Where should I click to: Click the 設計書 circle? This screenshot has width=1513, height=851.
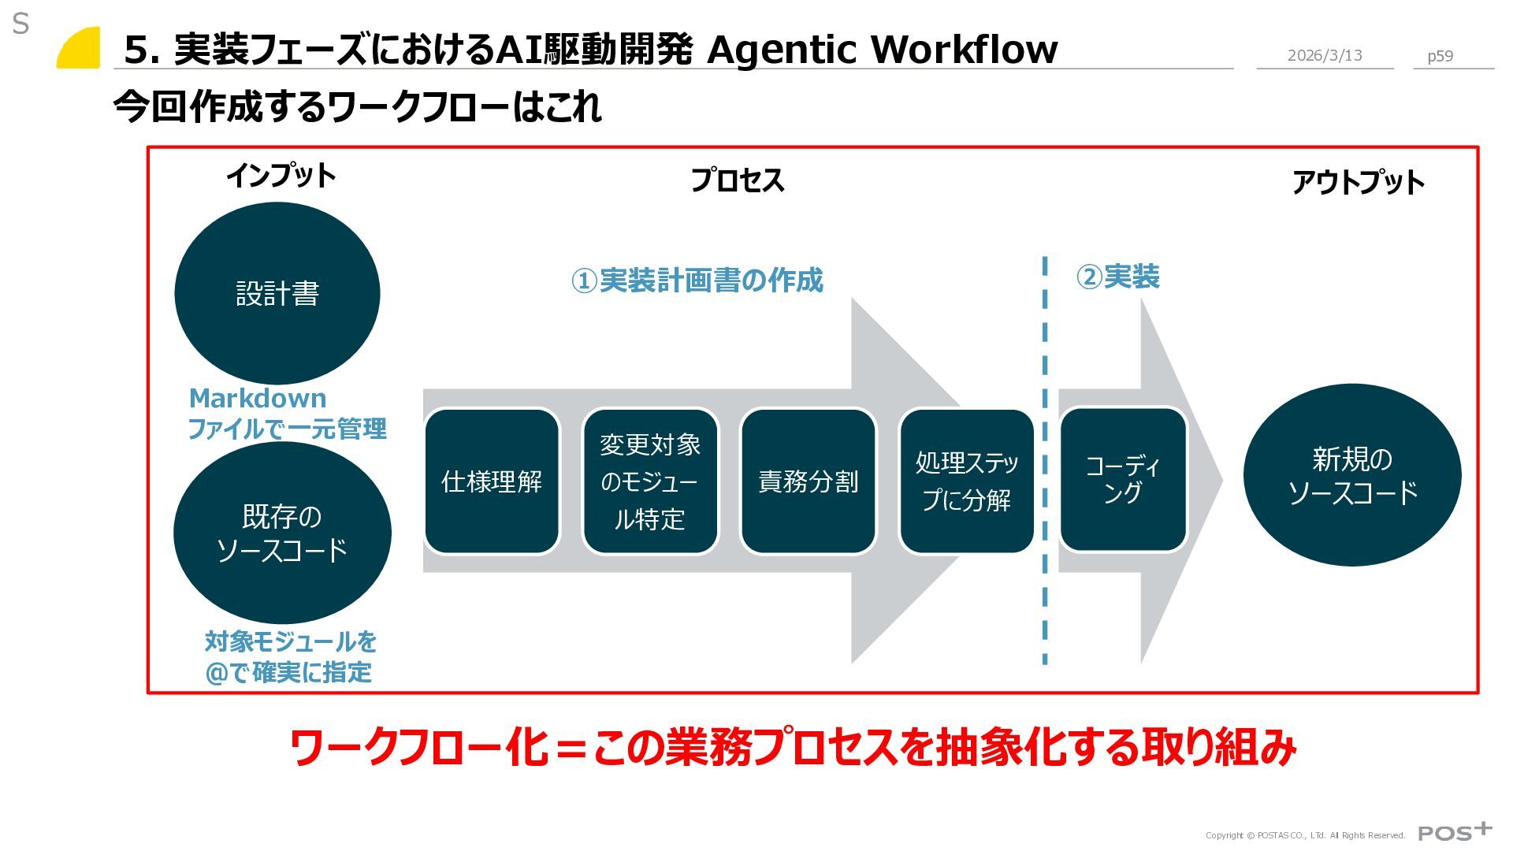point(277,293)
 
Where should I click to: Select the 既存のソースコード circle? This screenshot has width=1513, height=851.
point(281,533)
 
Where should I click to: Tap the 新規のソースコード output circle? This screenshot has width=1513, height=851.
point(1351,475)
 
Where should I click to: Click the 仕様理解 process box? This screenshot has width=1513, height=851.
point(492,481)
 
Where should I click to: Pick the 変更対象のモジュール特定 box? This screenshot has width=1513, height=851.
point(650,481)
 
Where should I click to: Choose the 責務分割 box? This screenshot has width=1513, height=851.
point(808,481)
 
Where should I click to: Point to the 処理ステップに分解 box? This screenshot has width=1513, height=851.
point(966,481)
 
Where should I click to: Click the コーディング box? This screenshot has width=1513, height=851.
point(1123,479)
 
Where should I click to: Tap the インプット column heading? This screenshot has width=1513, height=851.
point(281,175)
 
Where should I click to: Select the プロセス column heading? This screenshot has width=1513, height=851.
point(737,180)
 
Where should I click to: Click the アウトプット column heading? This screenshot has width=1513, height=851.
point(1358,183)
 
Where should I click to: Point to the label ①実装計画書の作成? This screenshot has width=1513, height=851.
point(697,280)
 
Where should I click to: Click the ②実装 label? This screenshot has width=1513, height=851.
point(1117,277)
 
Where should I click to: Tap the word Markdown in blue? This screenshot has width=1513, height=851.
point(258,398)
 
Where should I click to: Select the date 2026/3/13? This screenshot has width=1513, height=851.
point(1324,55)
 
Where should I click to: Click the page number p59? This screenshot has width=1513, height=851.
point(1440,56)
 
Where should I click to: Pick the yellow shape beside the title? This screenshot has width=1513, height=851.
point(80,49)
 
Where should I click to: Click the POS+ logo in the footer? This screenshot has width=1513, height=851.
point(1454,832)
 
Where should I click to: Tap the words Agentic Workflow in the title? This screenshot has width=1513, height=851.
point(882,49)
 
